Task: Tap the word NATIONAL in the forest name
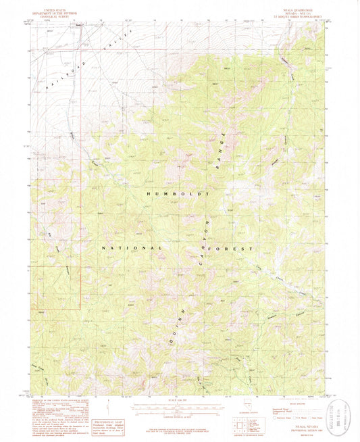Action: click(132, 248)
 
